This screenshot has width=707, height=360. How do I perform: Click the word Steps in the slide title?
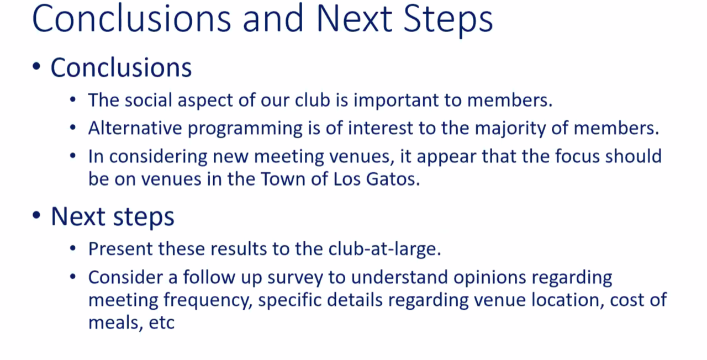(448, 19)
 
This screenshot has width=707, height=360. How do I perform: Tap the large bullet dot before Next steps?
(36, 215)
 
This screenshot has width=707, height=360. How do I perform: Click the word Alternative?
(135, 128)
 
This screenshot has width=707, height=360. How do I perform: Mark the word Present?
(120, 248)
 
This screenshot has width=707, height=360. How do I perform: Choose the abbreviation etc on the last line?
(161, 323)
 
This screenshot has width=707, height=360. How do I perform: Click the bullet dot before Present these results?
(73, 248)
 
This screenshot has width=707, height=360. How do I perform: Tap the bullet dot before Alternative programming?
(73, 128)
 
